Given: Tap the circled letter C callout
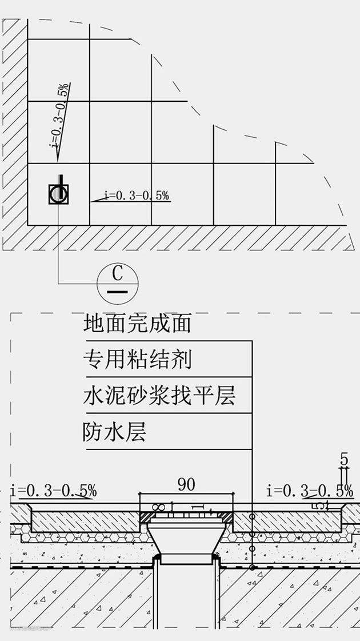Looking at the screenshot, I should (117, 281).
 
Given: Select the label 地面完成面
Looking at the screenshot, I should (137, 324).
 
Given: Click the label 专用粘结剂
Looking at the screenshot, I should (137, 360).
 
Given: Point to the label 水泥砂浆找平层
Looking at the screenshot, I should (159, 396).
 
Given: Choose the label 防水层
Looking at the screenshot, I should (114, 431).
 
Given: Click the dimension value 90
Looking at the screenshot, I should (186, 485).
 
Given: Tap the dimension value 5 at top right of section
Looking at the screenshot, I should (344, 459).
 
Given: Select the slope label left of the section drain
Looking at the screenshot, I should (54, 491).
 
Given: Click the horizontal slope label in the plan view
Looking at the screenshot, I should (137, 196).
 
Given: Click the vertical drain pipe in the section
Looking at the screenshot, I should (186, 595).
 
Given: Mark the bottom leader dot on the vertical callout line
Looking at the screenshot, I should (252, 568).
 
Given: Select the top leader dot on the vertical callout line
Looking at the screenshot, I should (252, 516).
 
